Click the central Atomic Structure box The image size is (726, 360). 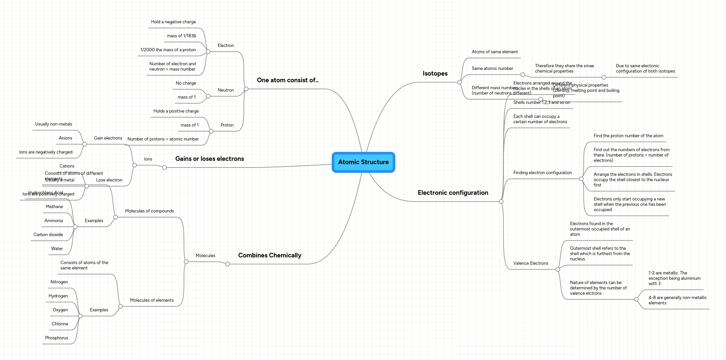(363, 162)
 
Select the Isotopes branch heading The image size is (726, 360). (435, 74)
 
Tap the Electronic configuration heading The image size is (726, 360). (453, 193)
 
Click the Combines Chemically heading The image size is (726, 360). (269, 255)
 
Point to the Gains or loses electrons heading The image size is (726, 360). (209, 159)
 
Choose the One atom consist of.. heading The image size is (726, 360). (287, 80)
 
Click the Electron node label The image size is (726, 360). (226, 46)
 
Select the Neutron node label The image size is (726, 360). (226, 90)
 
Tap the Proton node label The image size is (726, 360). (227, 125)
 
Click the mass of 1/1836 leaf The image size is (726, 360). (181, 36)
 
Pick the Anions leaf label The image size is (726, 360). (65, 138)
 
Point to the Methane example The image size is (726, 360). (54, 207)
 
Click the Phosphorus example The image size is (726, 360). (57, 338)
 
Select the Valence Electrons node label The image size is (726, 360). (531, 263)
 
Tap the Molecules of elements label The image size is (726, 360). (152, 300)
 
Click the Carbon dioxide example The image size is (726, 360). (48, 235)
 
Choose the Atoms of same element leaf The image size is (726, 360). (495, 52)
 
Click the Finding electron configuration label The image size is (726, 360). (543, 173)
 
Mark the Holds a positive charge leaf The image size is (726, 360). (176, 111)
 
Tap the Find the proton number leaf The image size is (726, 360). (628, 136)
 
